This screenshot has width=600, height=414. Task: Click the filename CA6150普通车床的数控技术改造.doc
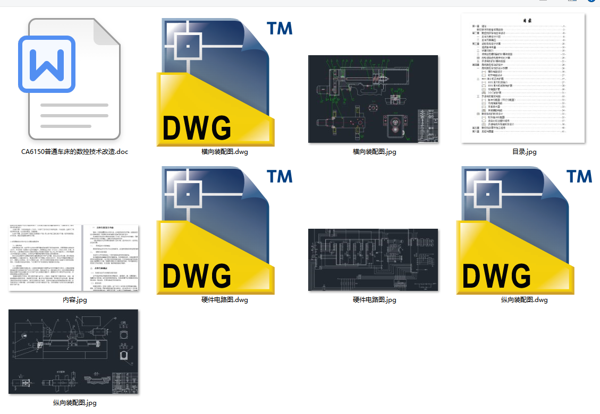[74, 152]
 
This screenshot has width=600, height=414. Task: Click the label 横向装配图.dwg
[225, 152]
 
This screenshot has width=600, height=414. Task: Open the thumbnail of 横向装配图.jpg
[373, 99]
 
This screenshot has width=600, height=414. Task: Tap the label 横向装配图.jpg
[374, 152]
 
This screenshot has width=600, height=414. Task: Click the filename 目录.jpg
[524, 152]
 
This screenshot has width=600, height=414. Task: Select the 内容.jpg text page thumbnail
[74, 258]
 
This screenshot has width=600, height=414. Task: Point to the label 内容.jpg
[74, 300]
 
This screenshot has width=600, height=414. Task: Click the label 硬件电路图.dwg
[225, 300]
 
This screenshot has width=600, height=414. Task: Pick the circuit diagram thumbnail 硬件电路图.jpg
[373, 260]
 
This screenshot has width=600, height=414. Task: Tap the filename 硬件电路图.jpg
[374, 300]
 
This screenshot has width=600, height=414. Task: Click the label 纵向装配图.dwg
[524, 300]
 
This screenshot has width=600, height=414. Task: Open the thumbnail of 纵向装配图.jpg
[73, 352]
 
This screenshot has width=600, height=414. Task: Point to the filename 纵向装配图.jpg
[74, 403]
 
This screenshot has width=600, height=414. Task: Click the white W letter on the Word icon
[47, 63]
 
